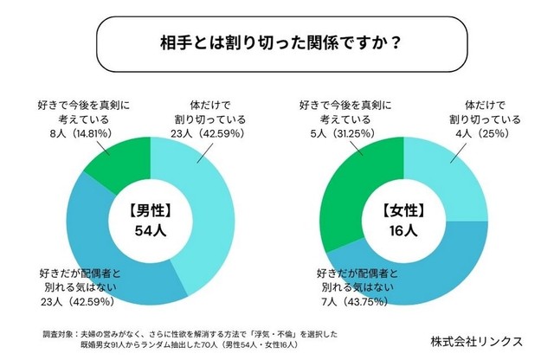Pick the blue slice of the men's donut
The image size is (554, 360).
[104, 251]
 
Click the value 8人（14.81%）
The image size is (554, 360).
[85, 134]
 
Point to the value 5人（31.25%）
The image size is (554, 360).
[336, 134]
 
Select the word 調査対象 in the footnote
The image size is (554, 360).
[55, 332]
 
